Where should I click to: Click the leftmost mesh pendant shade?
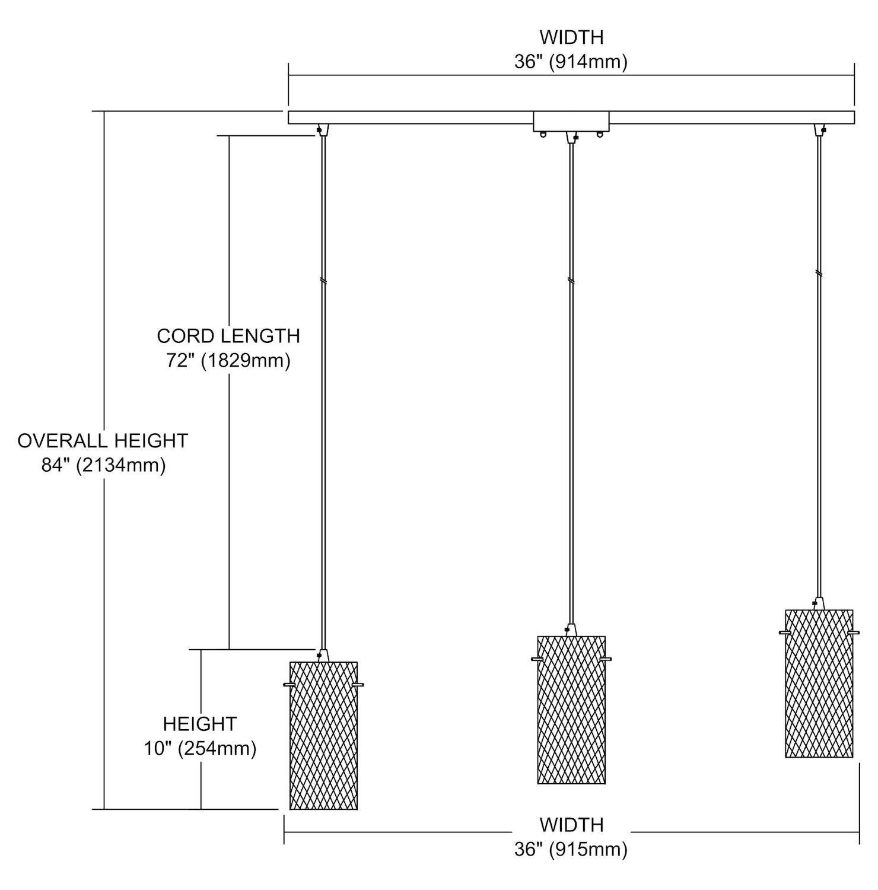click(323, 735)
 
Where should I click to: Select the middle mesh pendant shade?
click(571, 710)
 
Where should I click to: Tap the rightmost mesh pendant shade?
click(819, 683)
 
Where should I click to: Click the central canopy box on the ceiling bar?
click(571, 121)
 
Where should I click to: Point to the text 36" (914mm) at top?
click(571, 62)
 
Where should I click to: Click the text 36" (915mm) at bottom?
click(571, 850)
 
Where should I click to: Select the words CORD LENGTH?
click(228, 336)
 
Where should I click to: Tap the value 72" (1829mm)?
click(228, 361)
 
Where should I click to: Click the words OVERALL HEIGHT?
click(103, 441)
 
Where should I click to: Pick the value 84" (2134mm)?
click(103, 465)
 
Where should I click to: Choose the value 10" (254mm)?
click(200, 749)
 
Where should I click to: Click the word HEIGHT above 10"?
click(200, 724)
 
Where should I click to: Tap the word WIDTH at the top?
click(571, 37)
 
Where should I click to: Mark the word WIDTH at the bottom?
click(571, 825)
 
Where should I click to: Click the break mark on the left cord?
click(323, 280)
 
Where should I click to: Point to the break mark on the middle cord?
click(571, 280)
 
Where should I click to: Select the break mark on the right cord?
click(819, 274)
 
